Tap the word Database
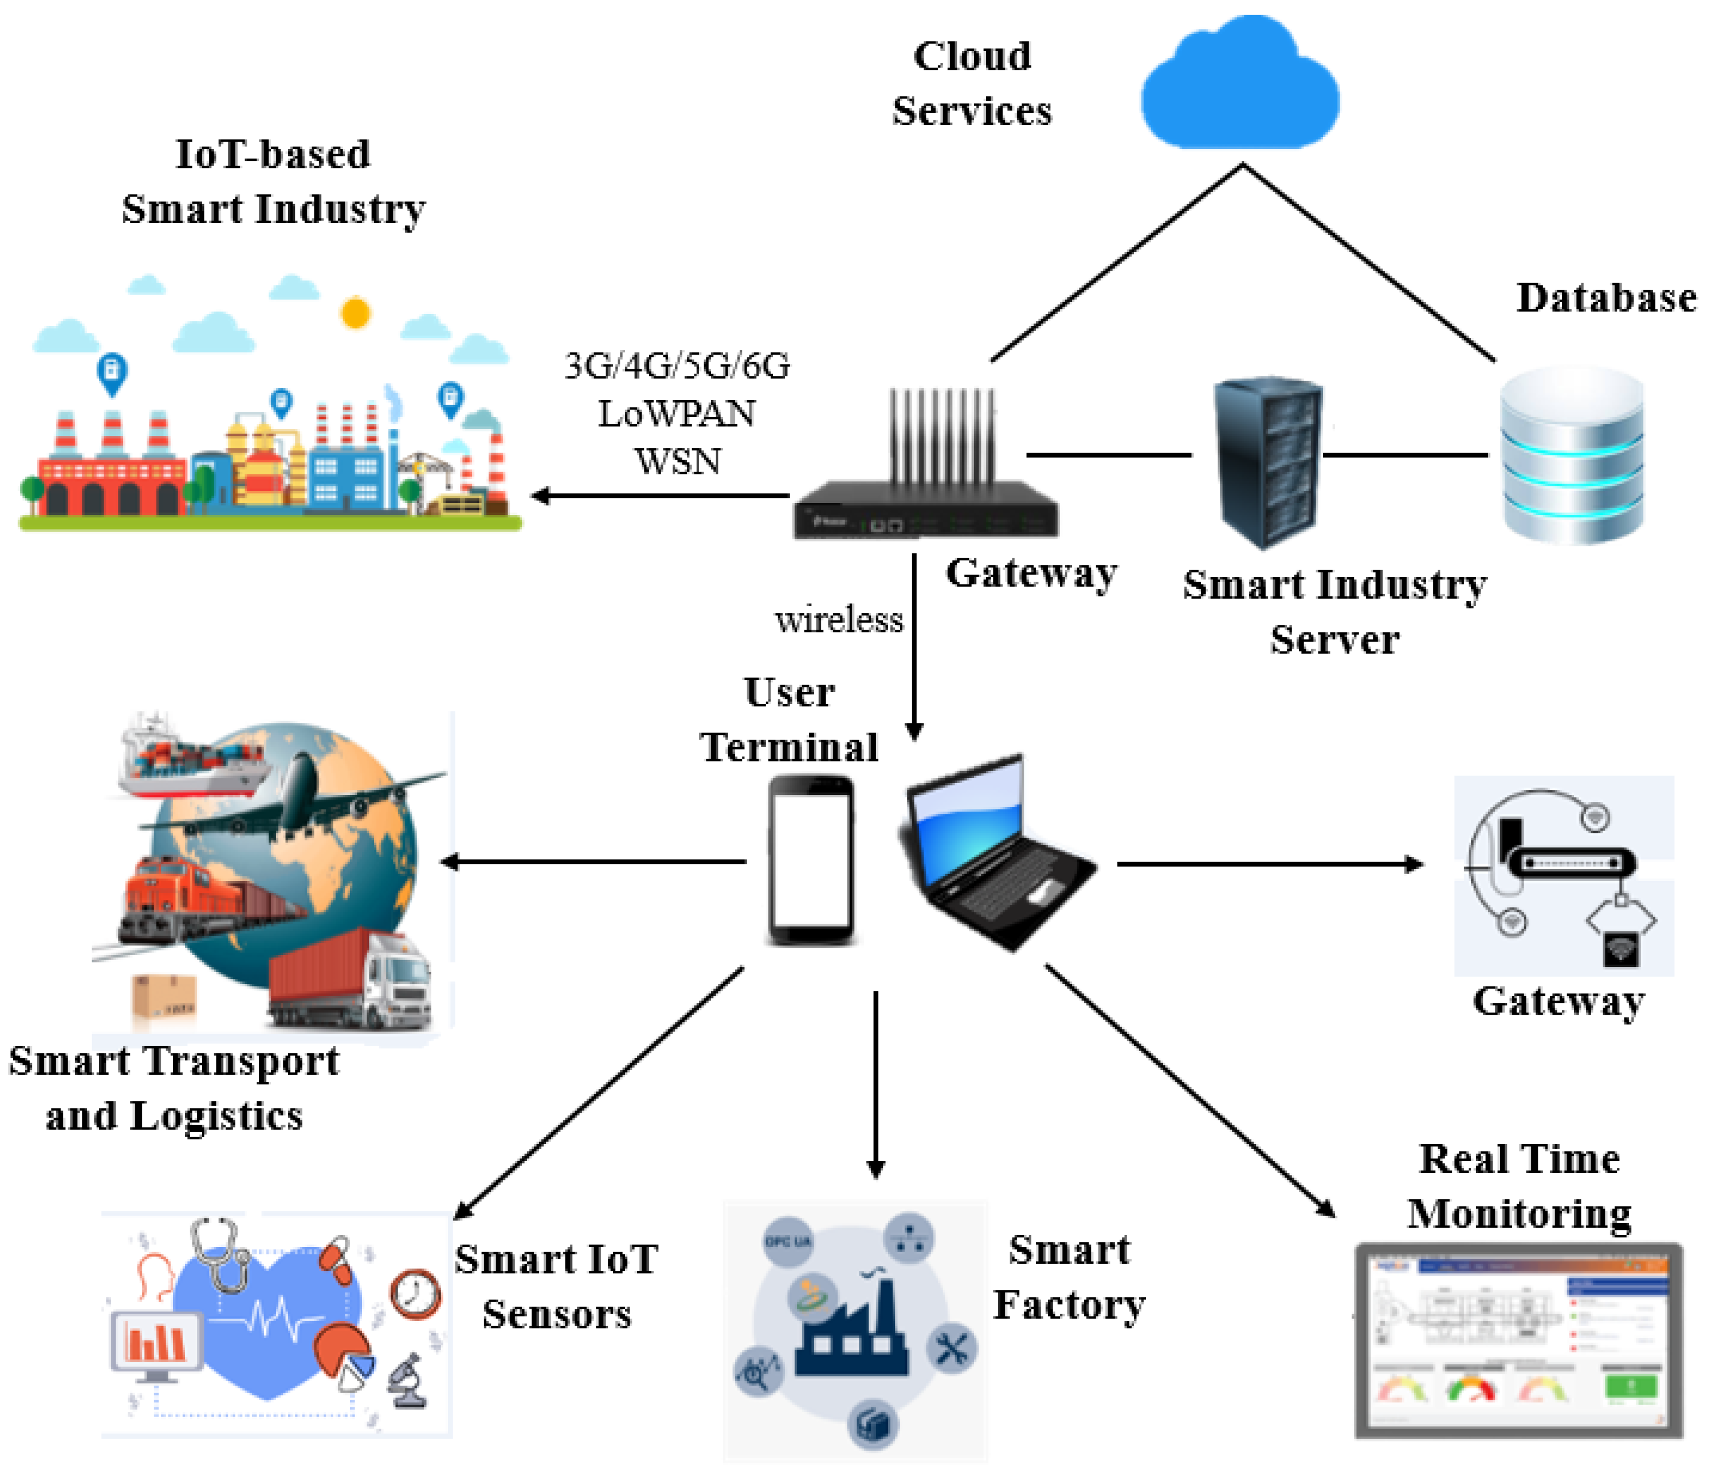pyautogui.click(x=1605, y=298)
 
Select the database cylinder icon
pyautogui.click(x=1571, y=455)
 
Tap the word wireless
pyautogui.click(x=839, y=620)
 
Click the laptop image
pyautogui.click(x=996, y=852)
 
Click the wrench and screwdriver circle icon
pyautogui.click(x=952, y=1350)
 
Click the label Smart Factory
pyautogui.click(x=1068, y=1277)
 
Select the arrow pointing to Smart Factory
pyautogui.click(x=876, y=1083)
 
